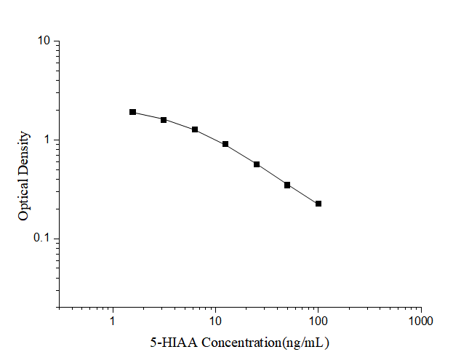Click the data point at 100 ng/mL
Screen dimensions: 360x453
(x=318, y=204)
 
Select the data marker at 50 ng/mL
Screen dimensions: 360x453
(x=287, y=185)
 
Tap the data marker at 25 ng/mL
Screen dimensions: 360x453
(x=257, y=164)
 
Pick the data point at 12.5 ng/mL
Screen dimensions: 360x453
(x=225, y=144)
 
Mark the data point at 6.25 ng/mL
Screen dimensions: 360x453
(x=195, y=129)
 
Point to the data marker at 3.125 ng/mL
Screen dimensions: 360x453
(x=164, y=119)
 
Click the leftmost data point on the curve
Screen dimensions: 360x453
(x=133, y=112)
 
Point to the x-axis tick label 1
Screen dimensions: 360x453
(x=113, y=321)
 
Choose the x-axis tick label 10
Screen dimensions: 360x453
(x=215, y=321)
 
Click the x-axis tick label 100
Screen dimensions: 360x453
(x=318, y=321)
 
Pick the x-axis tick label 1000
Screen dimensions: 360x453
(x=420, y=321)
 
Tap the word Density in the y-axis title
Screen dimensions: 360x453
(x=24, y=156)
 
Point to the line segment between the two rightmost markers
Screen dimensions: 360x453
(x=303, y=194)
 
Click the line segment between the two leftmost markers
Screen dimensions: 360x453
(x=148, y=116)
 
